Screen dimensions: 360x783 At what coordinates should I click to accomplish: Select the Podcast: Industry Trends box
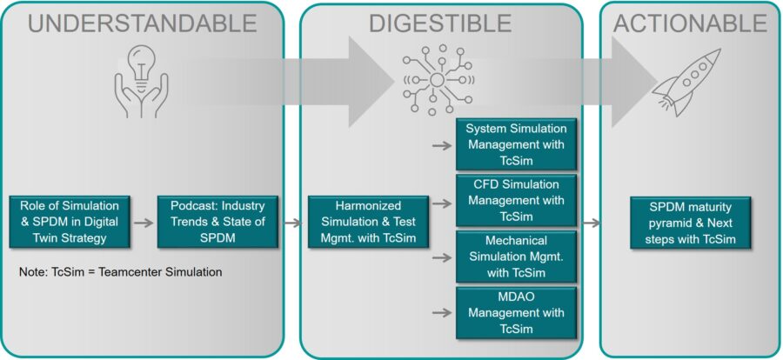pyautogui.click(x=217, y=221)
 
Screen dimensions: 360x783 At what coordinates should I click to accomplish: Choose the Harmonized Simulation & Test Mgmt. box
pyautogui.click(x=368, y=221)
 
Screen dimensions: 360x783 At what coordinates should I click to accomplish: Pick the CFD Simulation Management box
pyautogui.click(x=517, y=200)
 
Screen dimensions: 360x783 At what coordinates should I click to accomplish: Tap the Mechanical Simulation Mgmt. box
pyautogui.click(x=517, y=257)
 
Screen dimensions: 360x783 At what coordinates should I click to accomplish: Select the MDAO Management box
pyautogui.click(x=517, y=313)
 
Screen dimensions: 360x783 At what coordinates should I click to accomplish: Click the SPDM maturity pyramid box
pyautogui.click(x=690, y=222)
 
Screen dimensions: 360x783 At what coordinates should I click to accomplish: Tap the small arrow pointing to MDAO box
pyautogui.click(x=442, y=312)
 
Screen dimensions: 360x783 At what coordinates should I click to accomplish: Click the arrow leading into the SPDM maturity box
pyautogui.click(x=591, y=223)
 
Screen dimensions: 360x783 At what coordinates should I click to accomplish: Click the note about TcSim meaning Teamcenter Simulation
pyautogui.click(x=120, y=272)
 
